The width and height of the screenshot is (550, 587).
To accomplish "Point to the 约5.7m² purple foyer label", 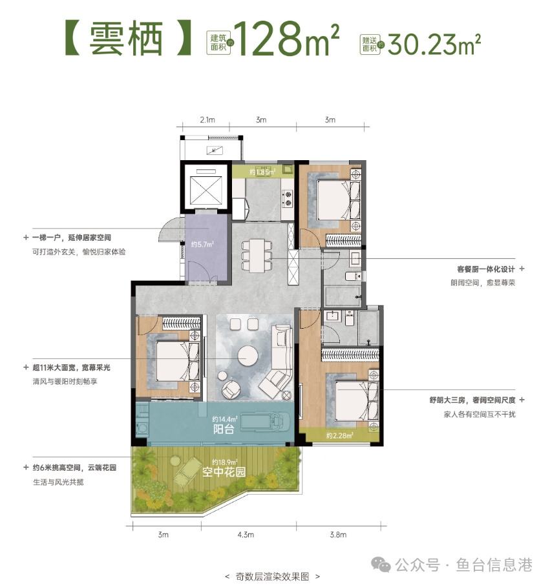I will pyautogui.click(x=202, y=245).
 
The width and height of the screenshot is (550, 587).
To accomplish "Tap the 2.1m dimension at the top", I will pyautogui.click(x=207, y=120).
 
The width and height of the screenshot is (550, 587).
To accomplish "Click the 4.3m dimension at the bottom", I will pyautogui.click(x=248, y=535).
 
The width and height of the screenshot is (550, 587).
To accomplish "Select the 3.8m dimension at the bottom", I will pyautogui.click(x=338, y=535).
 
